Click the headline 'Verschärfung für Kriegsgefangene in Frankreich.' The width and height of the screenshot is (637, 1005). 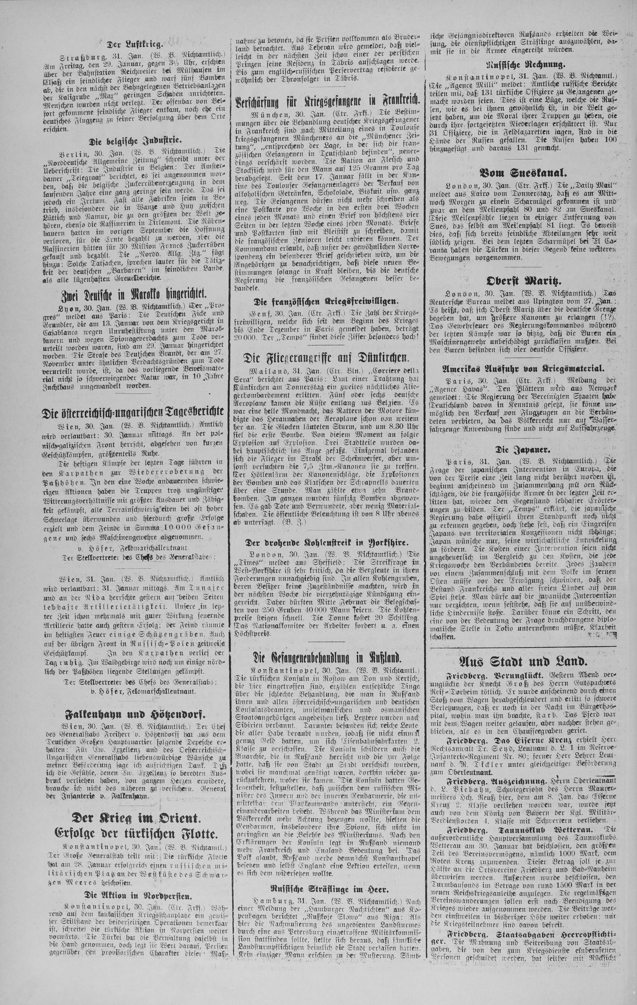pos(327,103)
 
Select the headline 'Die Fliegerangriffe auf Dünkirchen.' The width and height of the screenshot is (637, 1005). pos(327,357)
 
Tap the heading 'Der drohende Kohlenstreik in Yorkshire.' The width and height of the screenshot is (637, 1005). pos(327,543)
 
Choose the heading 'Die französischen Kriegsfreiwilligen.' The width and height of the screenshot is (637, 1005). pos(327,301)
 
